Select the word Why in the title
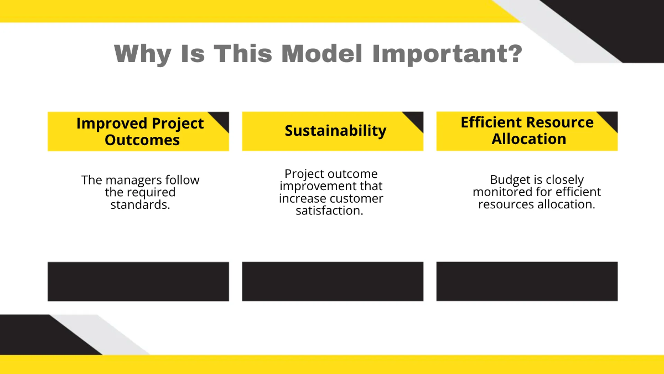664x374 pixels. click(142, 54)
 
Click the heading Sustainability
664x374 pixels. click(335, 131)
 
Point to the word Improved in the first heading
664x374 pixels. click(111, 123)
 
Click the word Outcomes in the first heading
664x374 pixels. click(142, 140)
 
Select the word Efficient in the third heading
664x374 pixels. click(491, 122)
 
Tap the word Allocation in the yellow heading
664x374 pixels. click(528, 139)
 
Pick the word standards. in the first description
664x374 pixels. click(140, 204)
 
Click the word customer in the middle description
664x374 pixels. click(356, 198)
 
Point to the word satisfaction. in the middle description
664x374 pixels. click(329, 211)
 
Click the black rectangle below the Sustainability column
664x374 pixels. click(333, 281)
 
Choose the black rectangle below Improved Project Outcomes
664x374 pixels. click(138, 281)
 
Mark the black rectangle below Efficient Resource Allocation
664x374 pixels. click(527, 281)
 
